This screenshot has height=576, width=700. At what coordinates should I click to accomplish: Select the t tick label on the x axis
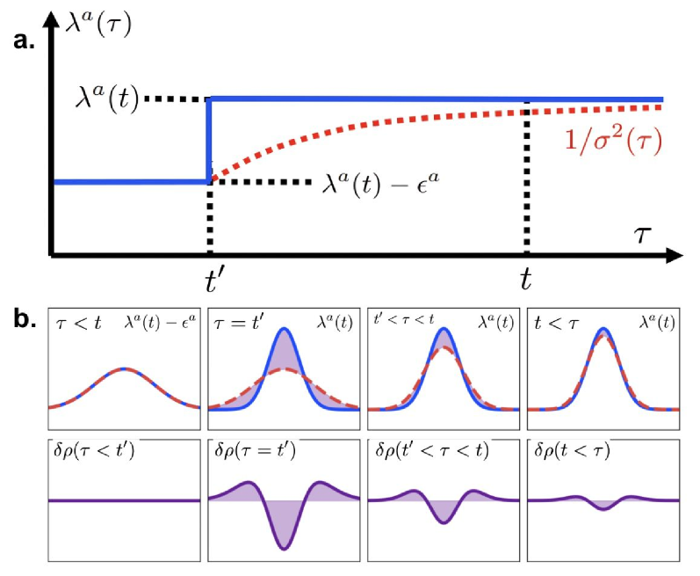point(526,280)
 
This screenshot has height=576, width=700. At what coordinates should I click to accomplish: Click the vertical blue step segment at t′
point(209,141)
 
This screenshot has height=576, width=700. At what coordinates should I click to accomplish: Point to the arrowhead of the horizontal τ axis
point(675,255)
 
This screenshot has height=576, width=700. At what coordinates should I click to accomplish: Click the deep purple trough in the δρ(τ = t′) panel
point(284,546)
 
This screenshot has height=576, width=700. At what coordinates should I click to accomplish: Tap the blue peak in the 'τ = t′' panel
point(284,331)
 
